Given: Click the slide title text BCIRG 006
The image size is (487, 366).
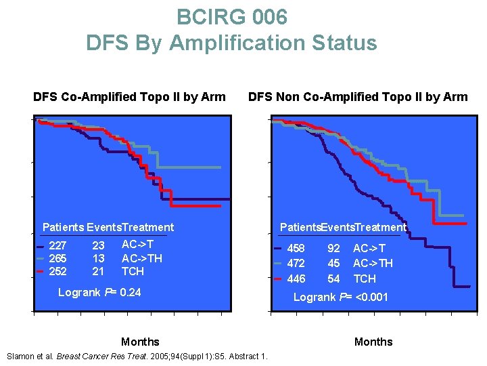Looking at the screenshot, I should (x=231, y=16).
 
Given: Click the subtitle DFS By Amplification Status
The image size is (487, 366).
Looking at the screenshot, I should (x=231, y=43).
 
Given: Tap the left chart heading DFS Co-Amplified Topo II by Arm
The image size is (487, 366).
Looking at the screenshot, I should (x=129, y=97).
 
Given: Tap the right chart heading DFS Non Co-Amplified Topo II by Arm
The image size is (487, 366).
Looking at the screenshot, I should (x=358, y=97).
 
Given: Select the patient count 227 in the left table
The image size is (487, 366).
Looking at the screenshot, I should (x=58, y=246).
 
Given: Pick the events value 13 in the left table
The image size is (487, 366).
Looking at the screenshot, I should (x=98, y=258).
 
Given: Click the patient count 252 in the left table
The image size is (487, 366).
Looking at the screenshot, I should (x=58, y=271).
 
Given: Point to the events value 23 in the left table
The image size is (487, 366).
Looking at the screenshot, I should (x=98, y=246).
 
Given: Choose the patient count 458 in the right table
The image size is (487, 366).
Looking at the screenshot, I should (x=296, y=249).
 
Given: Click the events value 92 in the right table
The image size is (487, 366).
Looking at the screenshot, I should (x=334, y=249).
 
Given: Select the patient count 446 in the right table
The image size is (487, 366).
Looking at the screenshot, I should (x=296, y=279).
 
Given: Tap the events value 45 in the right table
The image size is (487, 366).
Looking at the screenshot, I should (x=334, y=263).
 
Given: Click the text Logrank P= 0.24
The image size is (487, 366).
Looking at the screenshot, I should (x=99, y=293).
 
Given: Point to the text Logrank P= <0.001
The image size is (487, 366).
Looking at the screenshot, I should (x=340, y=297).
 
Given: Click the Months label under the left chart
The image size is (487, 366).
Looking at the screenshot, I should (x=140, y=342).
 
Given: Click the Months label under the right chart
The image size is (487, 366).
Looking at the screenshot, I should (x=373, y=342).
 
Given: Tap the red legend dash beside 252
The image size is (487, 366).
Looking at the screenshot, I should (x=41, y=272).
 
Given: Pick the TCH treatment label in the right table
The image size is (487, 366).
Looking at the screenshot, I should (x=365, y=279).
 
